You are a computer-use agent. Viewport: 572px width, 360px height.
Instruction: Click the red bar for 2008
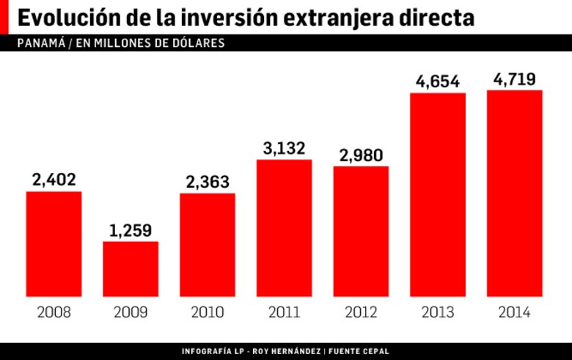(x=54, y=243)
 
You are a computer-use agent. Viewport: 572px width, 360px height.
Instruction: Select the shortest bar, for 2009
(x=131, y=268)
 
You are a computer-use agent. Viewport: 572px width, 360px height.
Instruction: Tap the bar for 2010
(x=208, y=244)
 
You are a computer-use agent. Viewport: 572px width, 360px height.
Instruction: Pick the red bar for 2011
(x=284, y=227)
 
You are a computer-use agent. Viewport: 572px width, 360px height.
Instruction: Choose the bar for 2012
(x=361, y=231)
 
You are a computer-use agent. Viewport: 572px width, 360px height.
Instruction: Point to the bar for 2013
(x=438, y=194)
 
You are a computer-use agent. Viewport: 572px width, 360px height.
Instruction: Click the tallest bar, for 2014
(x=515, y=193)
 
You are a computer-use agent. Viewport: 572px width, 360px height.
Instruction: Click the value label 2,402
(x=54, y=180)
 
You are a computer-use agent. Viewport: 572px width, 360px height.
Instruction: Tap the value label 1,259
(x=131, y=230)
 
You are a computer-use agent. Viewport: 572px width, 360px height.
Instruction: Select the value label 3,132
(x=284, y=147)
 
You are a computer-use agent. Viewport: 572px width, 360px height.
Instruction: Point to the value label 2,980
(x=361, y=155)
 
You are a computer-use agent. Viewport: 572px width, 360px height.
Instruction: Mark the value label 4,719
(x=515, y=79)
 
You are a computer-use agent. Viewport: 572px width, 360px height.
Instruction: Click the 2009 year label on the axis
(x=131, y=313)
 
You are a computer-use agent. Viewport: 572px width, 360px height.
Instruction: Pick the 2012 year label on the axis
(x=361, y=313)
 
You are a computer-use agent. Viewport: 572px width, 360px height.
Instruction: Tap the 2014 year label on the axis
(x=515, y=313)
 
